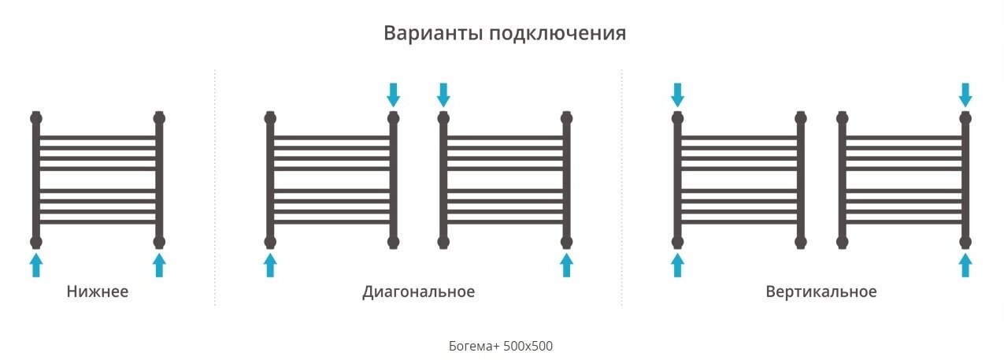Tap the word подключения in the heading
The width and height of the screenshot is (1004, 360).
558,35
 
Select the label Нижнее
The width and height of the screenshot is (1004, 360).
98,292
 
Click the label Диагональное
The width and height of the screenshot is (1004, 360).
418,292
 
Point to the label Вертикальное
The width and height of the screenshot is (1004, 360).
821,292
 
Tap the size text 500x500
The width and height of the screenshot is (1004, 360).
530,346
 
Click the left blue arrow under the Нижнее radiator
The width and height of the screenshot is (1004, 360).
35,265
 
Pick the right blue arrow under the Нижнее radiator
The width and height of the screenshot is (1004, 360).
159,265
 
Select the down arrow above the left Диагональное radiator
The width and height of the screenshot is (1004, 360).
393,95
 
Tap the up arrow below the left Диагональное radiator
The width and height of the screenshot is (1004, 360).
270,265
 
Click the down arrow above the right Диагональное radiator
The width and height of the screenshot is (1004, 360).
443,95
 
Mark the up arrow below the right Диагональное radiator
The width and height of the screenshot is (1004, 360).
566,265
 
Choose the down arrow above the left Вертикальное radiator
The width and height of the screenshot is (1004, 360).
676,95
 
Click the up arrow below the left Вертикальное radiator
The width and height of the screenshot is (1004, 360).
676,265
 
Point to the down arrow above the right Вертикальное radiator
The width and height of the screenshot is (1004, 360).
965,95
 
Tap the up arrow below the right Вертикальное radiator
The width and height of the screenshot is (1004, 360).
965,265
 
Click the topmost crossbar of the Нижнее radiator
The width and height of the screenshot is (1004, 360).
98,137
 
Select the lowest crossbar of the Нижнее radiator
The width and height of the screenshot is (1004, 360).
98,221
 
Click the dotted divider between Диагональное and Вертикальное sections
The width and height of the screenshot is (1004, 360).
621,189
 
